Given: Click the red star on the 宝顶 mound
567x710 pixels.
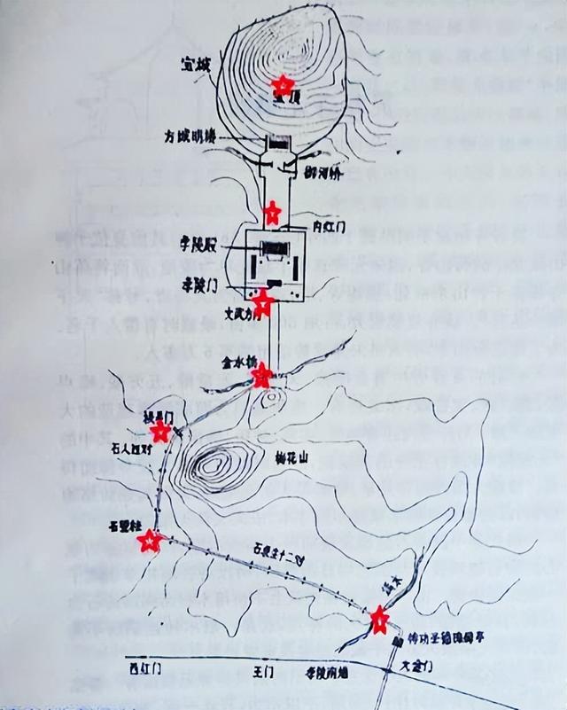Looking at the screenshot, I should click(282, 85).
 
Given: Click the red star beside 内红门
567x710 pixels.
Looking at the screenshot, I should click(273, 212).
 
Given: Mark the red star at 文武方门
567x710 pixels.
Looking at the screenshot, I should click(262, 303).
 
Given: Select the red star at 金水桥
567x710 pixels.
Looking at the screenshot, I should click(261, 377).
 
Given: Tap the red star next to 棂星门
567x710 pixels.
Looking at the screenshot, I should click(160, 432).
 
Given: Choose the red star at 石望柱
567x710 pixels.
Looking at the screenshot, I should click(150, 540).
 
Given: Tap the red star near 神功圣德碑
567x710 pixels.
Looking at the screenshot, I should click(379, 619).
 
